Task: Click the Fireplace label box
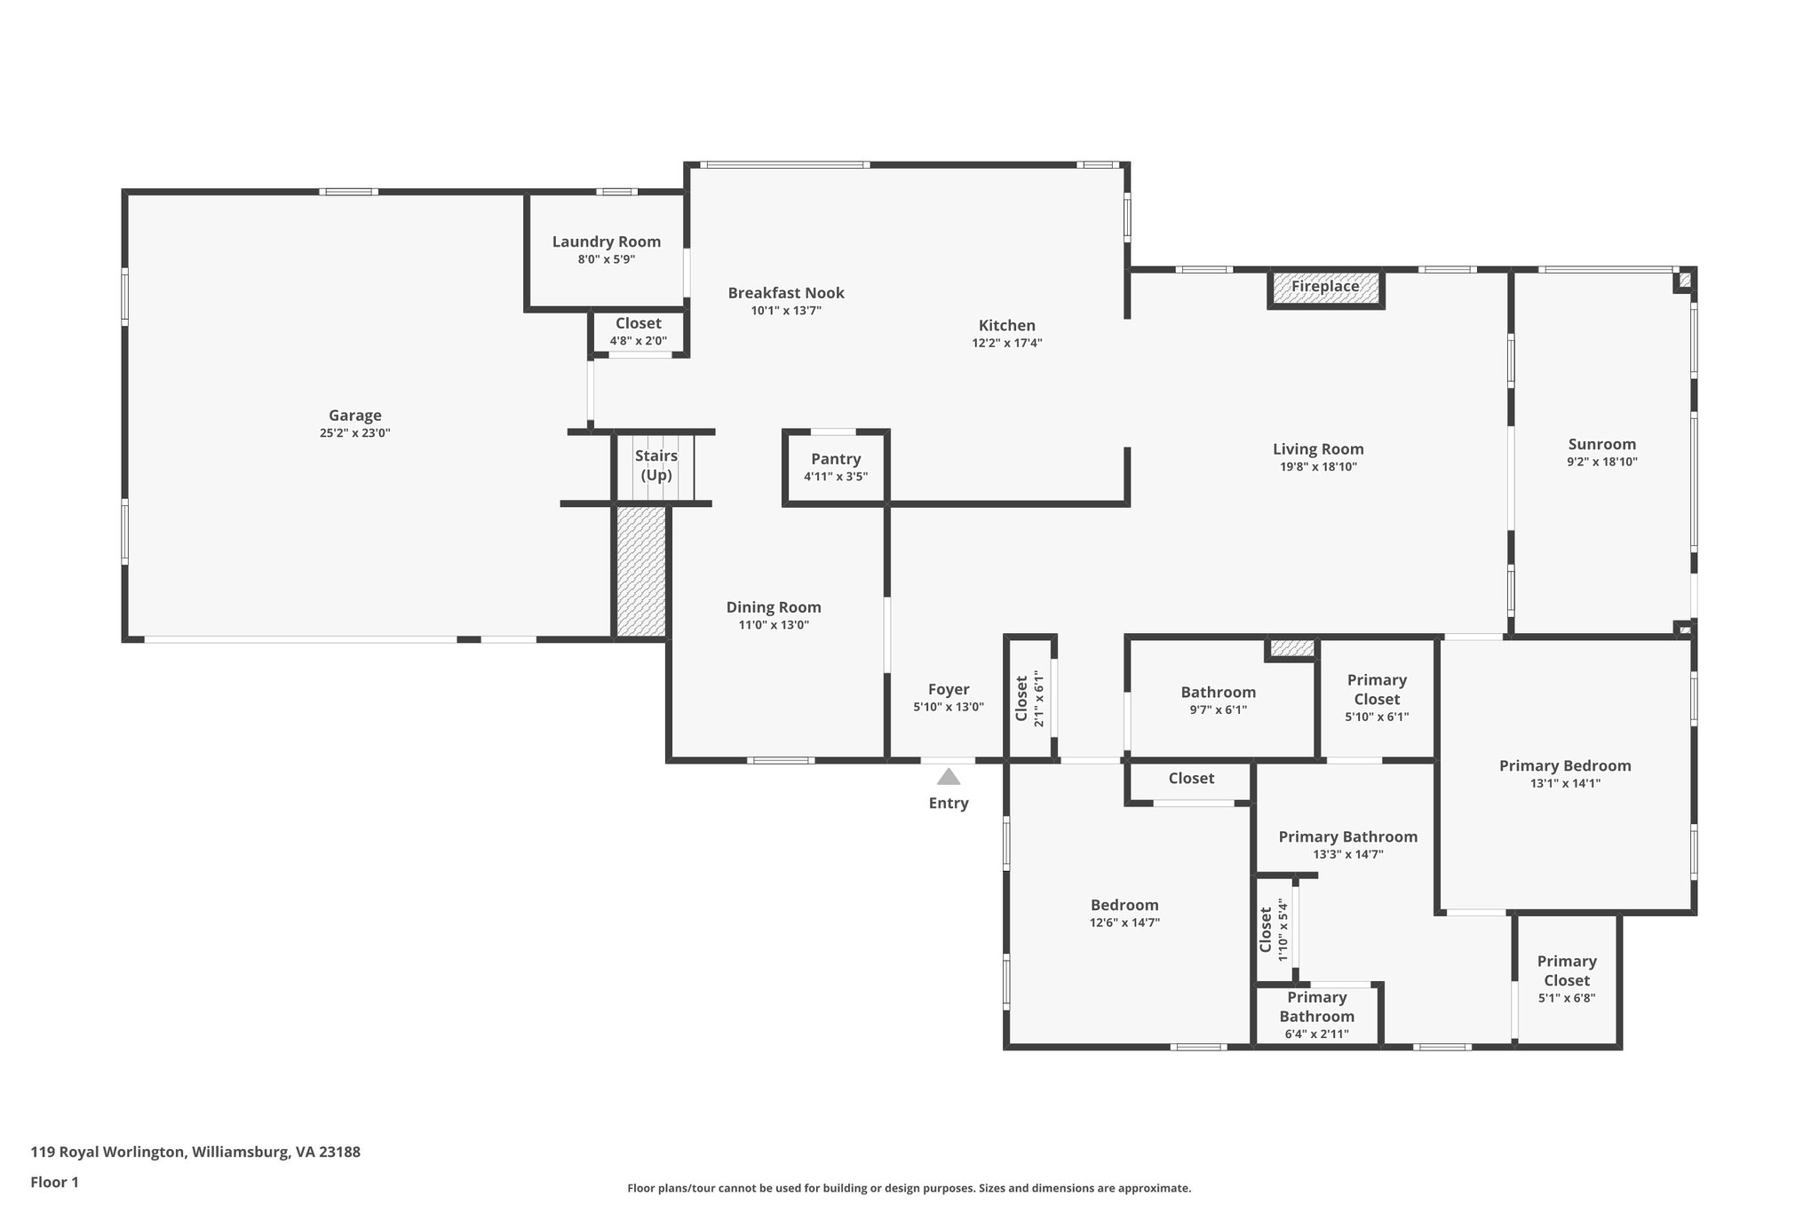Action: [x=1324, y=287]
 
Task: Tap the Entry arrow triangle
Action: [x=949, y=777]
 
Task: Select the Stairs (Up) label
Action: [x=656, y=465]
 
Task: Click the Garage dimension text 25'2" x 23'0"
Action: [x=355, y=433]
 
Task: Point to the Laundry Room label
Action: [x=607, y=242]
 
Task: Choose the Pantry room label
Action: [x=836, y=459]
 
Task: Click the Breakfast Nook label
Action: [x=786, y=293]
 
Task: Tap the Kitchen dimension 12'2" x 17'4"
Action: [x=1007, y=343]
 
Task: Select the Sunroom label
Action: [x=1601, y=445]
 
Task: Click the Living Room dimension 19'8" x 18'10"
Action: [x=1318, y=467]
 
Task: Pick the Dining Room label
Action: [x=774, y=607]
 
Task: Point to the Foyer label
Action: [x=949, y=689]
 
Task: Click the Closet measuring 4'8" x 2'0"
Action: [x=638, y=332]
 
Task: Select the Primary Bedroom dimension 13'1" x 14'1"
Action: [x=1565, y=783]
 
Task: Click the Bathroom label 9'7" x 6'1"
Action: [x=1218, y=693]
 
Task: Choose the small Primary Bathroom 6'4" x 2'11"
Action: [x=1316, y=1016]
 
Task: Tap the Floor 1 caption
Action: [x=55, y=1182]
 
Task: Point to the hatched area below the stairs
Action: [x=640, y=571]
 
